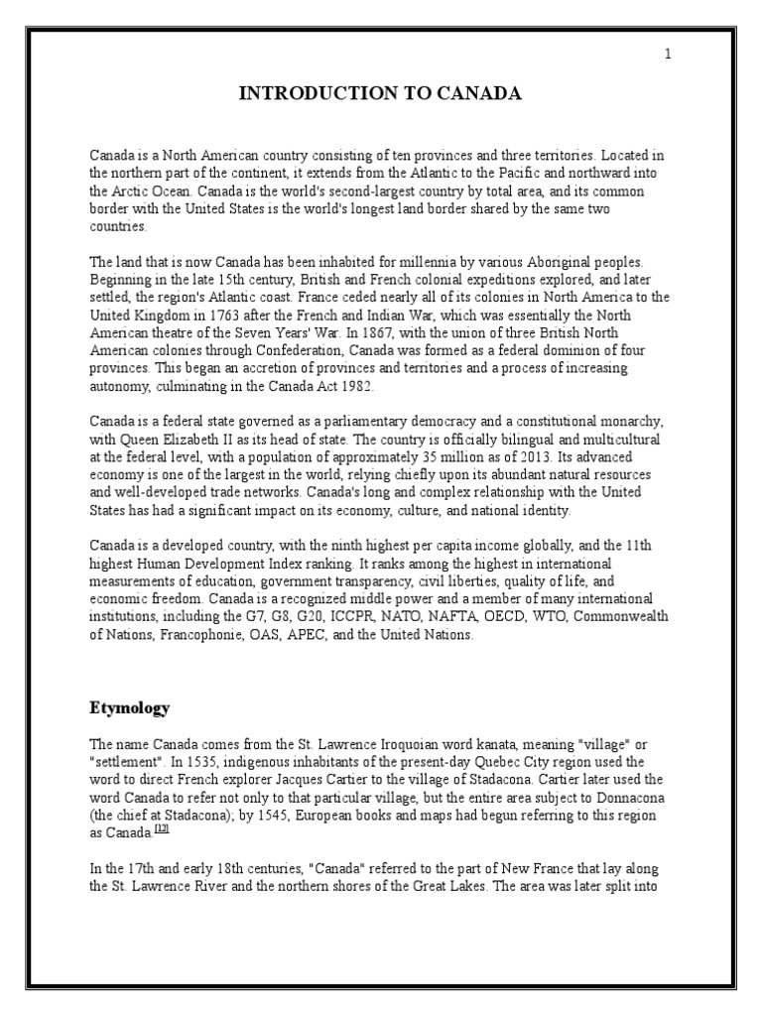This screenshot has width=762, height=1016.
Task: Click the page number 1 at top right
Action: [x=668, y=55]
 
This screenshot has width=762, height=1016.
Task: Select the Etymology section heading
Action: [x=130, y=707]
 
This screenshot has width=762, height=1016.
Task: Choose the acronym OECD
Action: [x=500, y=617]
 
